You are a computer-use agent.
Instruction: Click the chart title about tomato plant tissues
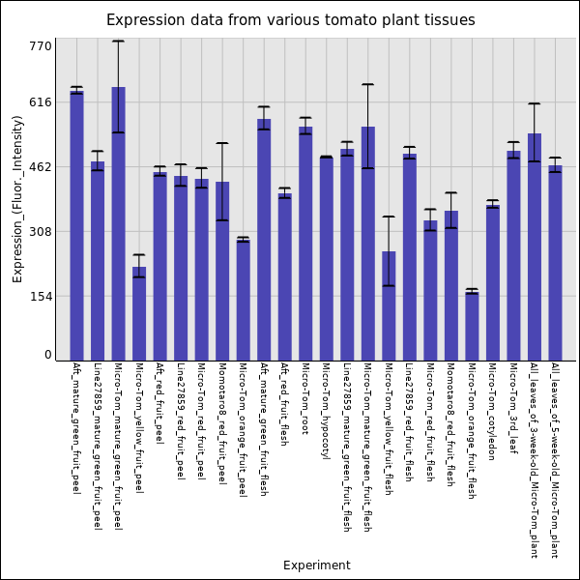(x=290, y=20)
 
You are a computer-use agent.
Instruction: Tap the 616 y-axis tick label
(x=41, y=101)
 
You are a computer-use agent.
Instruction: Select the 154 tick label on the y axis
(x=41, y=297)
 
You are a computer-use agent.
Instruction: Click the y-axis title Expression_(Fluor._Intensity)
(x=17, y=198)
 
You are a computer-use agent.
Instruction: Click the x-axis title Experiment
(x=316, y=565)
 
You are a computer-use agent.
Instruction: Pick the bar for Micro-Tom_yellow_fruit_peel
(x=139, y=314)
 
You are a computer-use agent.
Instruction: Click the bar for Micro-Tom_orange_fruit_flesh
(x=472, y=327)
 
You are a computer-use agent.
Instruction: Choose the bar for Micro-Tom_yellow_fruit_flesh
(x=389, y=305)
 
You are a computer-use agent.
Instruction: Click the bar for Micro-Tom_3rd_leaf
(x=513, y=256)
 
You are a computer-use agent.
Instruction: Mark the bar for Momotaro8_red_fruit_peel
(x=222, y=271)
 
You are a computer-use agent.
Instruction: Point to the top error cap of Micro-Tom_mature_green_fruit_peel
(x=118, y=41)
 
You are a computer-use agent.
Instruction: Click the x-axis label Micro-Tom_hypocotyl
(x=326, y=411)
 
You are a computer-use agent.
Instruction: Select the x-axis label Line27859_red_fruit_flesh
(x=409, y=425)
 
